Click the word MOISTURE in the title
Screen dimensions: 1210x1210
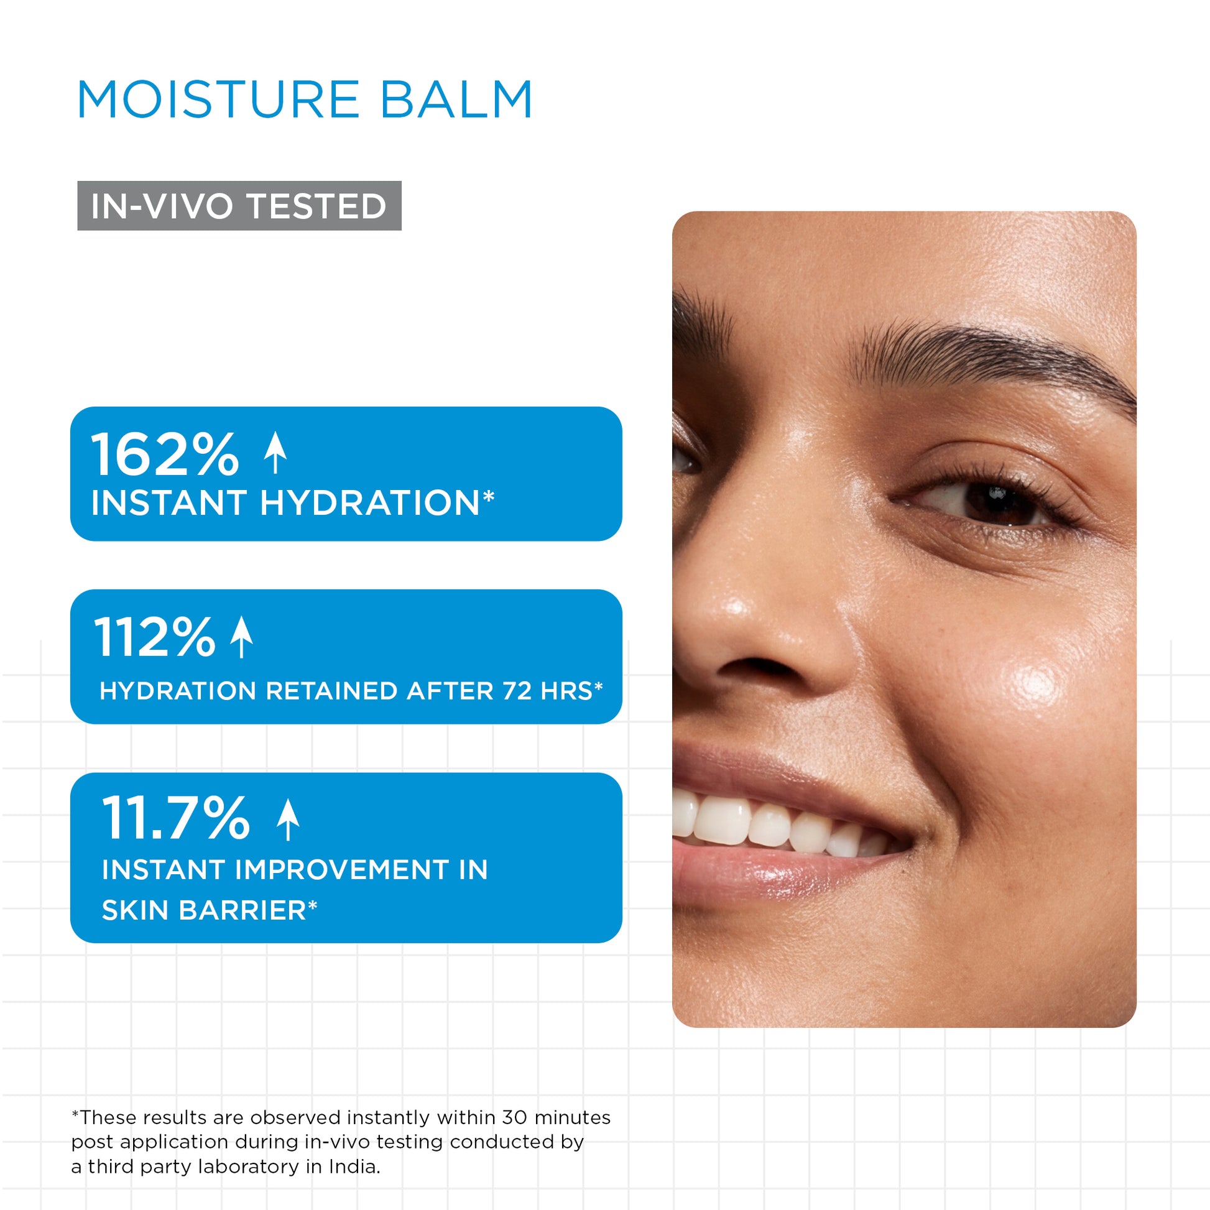(218, 99)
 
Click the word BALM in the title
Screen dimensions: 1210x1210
(457, 99)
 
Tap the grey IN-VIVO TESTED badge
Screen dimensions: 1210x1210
(239, 205)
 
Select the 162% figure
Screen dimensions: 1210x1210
(165, 454)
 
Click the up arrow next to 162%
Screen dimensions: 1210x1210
(275, 453)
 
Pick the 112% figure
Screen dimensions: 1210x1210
(155, 637)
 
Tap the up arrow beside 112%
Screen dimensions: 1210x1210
(242, 637)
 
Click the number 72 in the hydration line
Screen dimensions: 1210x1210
(517, 691)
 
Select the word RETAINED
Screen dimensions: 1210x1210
(332, 691)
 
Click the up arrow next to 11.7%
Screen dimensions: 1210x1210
(288, 819)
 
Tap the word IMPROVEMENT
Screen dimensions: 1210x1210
(342, 870)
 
